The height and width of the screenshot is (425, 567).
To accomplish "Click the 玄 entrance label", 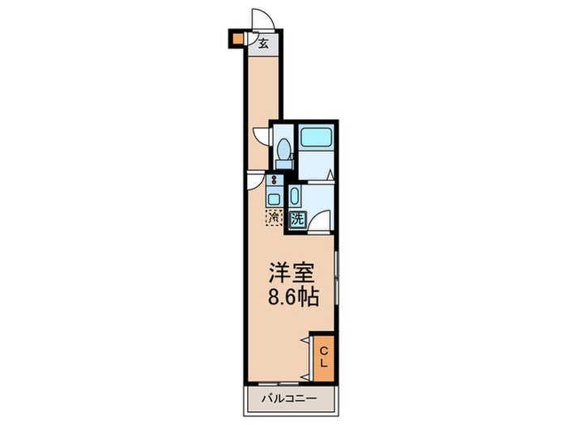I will [x=263, y=44].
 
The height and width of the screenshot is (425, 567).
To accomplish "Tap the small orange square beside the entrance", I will [x=237, y=38].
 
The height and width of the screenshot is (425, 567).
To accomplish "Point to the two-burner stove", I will [x=275, y=181].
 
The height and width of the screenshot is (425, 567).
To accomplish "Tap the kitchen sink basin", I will [x=275, y=198].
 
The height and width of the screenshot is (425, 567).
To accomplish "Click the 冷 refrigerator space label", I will [x=274, y=217].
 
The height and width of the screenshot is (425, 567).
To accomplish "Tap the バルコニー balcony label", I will [x=288, y=398].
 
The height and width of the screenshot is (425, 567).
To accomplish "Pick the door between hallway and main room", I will [x=255, y=181].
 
